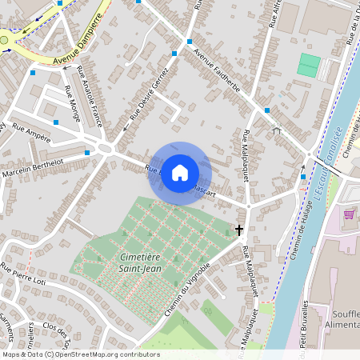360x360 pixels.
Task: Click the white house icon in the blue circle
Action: tap(180, 173)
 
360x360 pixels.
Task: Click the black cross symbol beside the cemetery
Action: tap(238, 230)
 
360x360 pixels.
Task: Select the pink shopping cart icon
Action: tap(349, 214)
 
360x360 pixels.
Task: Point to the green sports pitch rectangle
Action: tap(308, 65)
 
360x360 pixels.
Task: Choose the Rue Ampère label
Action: tap(31, 133)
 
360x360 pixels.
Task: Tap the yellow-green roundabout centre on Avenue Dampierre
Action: tap(4, 39)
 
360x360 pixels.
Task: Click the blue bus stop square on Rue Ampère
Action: tap(56, 122)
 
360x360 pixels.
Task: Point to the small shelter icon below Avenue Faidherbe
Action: tap(277, 130)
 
